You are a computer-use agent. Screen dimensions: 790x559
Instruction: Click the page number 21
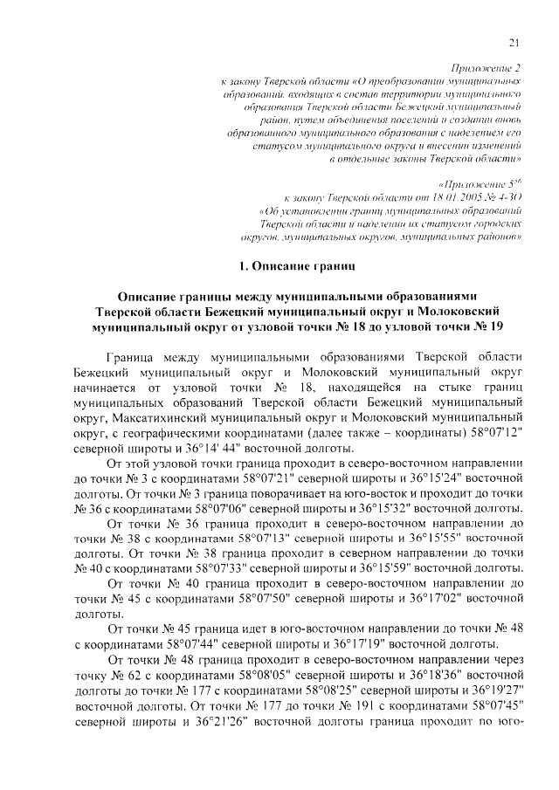point(514,44)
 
